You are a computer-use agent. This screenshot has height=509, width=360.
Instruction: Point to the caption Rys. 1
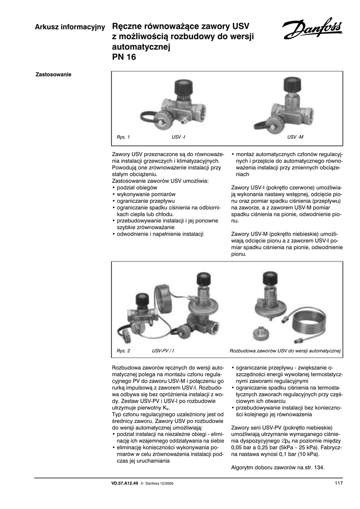click(123, 136)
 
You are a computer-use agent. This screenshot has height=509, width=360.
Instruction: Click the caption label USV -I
click(179, 136)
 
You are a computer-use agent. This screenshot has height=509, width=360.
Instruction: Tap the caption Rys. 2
click(123, 351)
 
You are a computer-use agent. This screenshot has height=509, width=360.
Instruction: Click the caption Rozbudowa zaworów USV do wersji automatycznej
click(285, 351)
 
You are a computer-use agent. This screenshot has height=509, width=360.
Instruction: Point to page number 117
click(339, 483)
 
